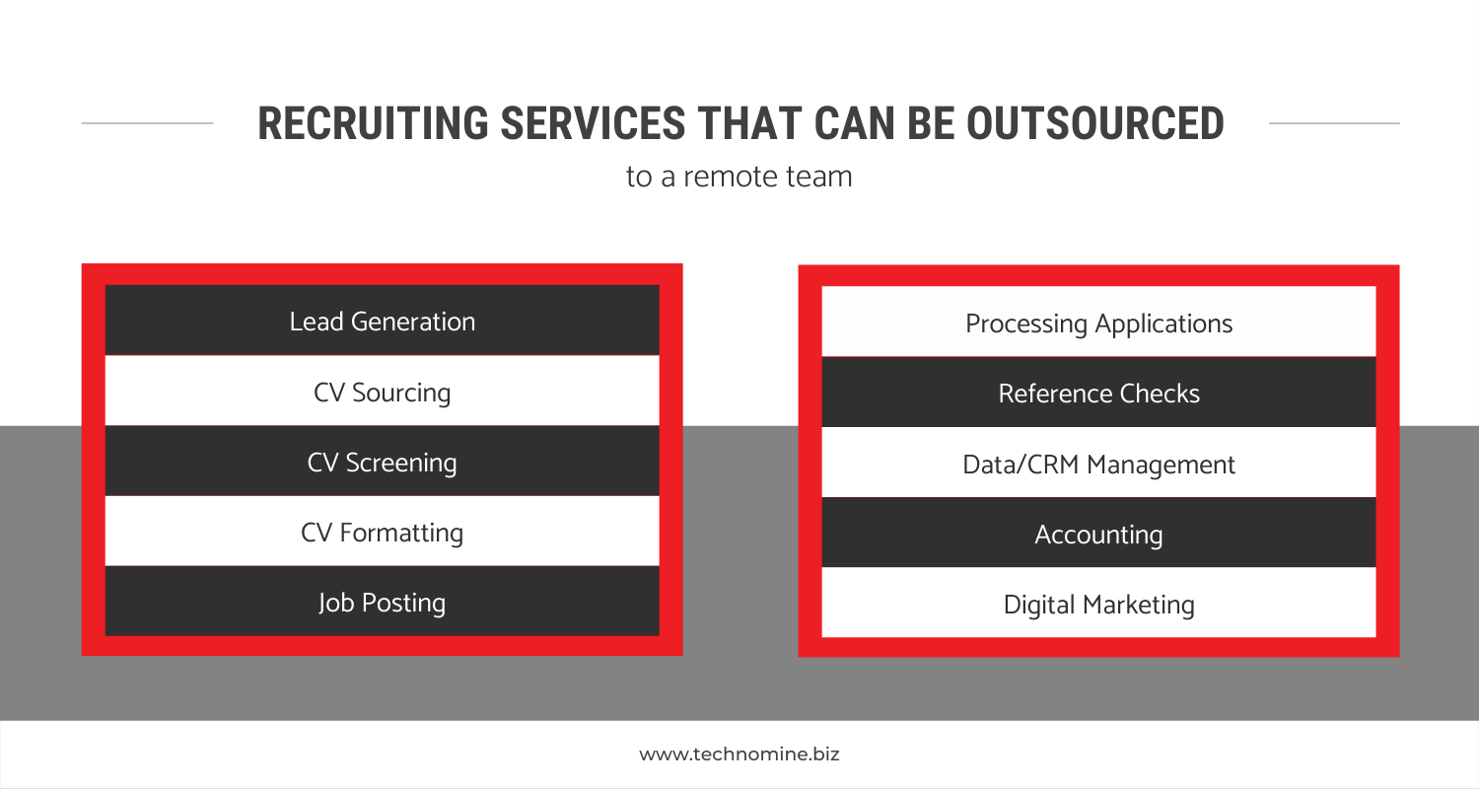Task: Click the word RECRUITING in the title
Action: [373, 123]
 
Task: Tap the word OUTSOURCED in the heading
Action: [1095, 123]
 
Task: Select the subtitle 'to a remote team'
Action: [739, 177]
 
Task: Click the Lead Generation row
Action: [383, 321]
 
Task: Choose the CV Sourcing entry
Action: [383, 391]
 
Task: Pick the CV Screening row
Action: [383, 461]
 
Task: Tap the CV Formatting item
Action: [383, 531]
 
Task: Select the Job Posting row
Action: [383, 601]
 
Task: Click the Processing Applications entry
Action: [1098, 322]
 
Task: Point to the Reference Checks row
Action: [1098, 393]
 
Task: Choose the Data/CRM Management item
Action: [1098, 463]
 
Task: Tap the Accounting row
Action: [1098, 533]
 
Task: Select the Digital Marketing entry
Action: [1098, 603]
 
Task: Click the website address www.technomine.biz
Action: [739, 754]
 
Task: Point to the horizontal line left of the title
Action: [147, 123]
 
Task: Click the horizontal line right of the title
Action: [1334, 123]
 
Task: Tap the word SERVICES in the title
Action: [593, 123]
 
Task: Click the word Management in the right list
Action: [1161, 466]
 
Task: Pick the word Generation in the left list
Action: [413, 323]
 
